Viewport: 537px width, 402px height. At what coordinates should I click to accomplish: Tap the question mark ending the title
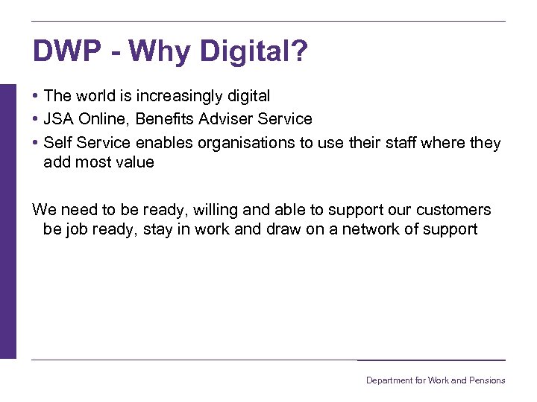[x=299, y=52]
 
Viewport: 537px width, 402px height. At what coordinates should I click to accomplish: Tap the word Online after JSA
[x=106, y=119]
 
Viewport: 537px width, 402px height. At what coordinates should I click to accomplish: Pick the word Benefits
[x=165, y=119]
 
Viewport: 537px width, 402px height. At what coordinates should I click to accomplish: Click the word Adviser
[x=229, y=119]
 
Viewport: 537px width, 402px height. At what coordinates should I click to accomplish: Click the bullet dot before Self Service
[x=36, y=143]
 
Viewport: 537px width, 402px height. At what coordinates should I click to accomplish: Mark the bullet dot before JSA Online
[x=36, y=120]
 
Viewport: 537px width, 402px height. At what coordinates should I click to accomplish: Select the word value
[x=135, y=162]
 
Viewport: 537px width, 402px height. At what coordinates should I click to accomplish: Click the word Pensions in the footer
[x=488, y=380]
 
